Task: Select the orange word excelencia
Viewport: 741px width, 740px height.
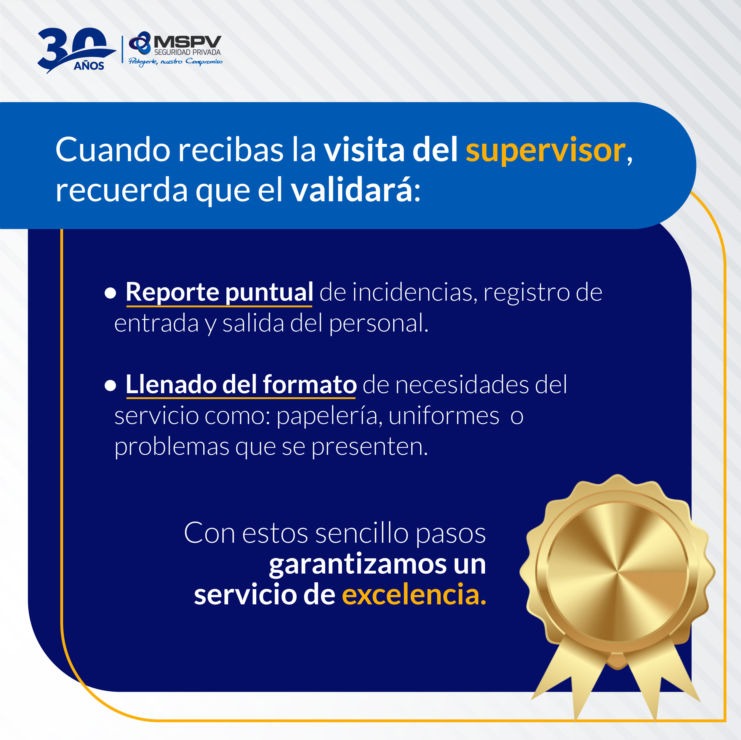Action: (x=414, y=594)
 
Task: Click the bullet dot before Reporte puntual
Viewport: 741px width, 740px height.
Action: (x=111, y=293)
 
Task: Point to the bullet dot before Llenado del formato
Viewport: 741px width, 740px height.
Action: (x=111, y=385)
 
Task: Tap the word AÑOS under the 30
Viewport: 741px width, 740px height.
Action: (x=89, y=66)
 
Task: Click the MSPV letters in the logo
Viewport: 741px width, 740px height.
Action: (x=188, y=42)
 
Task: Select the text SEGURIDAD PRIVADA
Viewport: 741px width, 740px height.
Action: (x=187, y=52)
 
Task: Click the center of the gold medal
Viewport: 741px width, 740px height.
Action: (x=617, y=572)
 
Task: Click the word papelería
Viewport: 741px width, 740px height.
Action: (x=329, y=416)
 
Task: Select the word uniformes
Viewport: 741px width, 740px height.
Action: (x=444, y=416)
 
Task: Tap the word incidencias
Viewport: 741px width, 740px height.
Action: (x=415, y=292)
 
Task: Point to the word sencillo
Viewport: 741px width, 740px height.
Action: (x=362, y=533)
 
